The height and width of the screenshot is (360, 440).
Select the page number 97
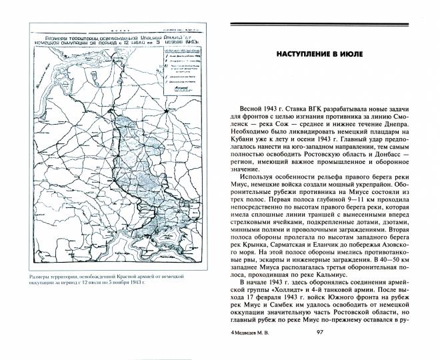coord(319,351)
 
